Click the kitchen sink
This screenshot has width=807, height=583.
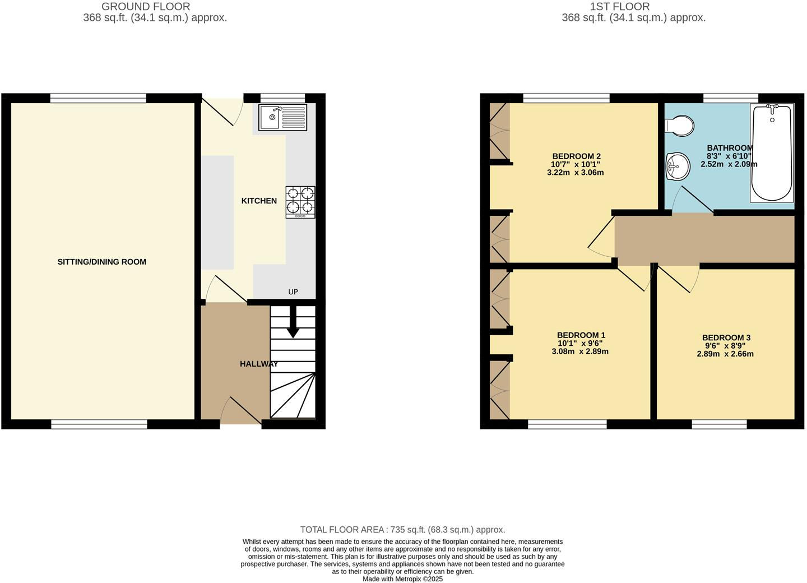282,118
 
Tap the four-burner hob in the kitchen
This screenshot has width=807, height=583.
300,202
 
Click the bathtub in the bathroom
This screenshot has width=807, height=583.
772,152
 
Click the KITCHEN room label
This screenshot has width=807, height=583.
259,201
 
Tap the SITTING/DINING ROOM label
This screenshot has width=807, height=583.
102,262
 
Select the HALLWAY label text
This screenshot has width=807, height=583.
259,364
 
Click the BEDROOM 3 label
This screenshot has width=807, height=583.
726,337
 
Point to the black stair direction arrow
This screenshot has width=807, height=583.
293,325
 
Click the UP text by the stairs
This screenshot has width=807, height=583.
293,291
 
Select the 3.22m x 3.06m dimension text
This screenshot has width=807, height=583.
575,173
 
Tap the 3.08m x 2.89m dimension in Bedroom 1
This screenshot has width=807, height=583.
579,351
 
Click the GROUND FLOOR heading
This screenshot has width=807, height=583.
146,7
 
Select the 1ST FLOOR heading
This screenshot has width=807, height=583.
620,7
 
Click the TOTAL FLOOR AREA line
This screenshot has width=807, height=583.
402,529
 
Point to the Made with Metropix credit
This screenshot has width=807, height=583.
402,579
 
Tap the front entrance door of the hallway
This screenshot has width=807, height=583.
241,411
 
